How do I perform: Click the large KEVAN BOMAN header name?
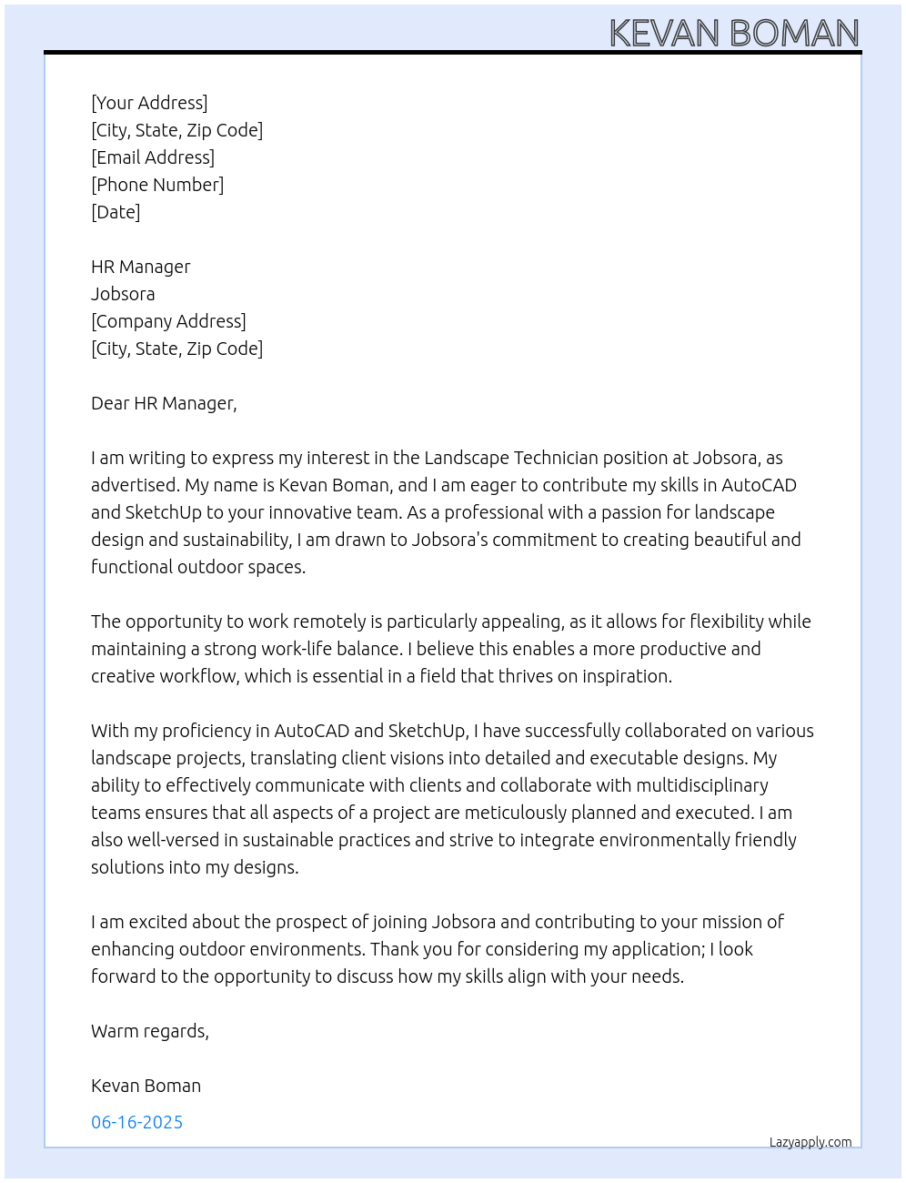734,34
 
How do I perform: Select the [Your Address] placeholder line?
149,103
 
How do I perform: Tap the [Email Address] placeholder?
153,157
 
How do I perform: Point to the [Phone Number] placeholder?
157,185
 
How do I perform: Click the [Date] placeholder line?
116,212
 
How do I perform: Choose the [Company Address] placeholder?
168,321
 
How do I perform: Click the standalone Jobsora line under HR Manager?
123,294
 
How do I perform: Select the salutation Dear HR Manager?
164,403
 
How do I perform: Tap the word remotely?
330,622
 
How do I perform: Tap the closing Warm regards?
150,1031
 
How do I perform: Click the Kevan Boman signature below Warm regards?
146,1086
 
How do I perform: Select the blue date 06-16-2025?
136,1122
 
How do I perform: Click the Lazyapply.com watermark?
810,1142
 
